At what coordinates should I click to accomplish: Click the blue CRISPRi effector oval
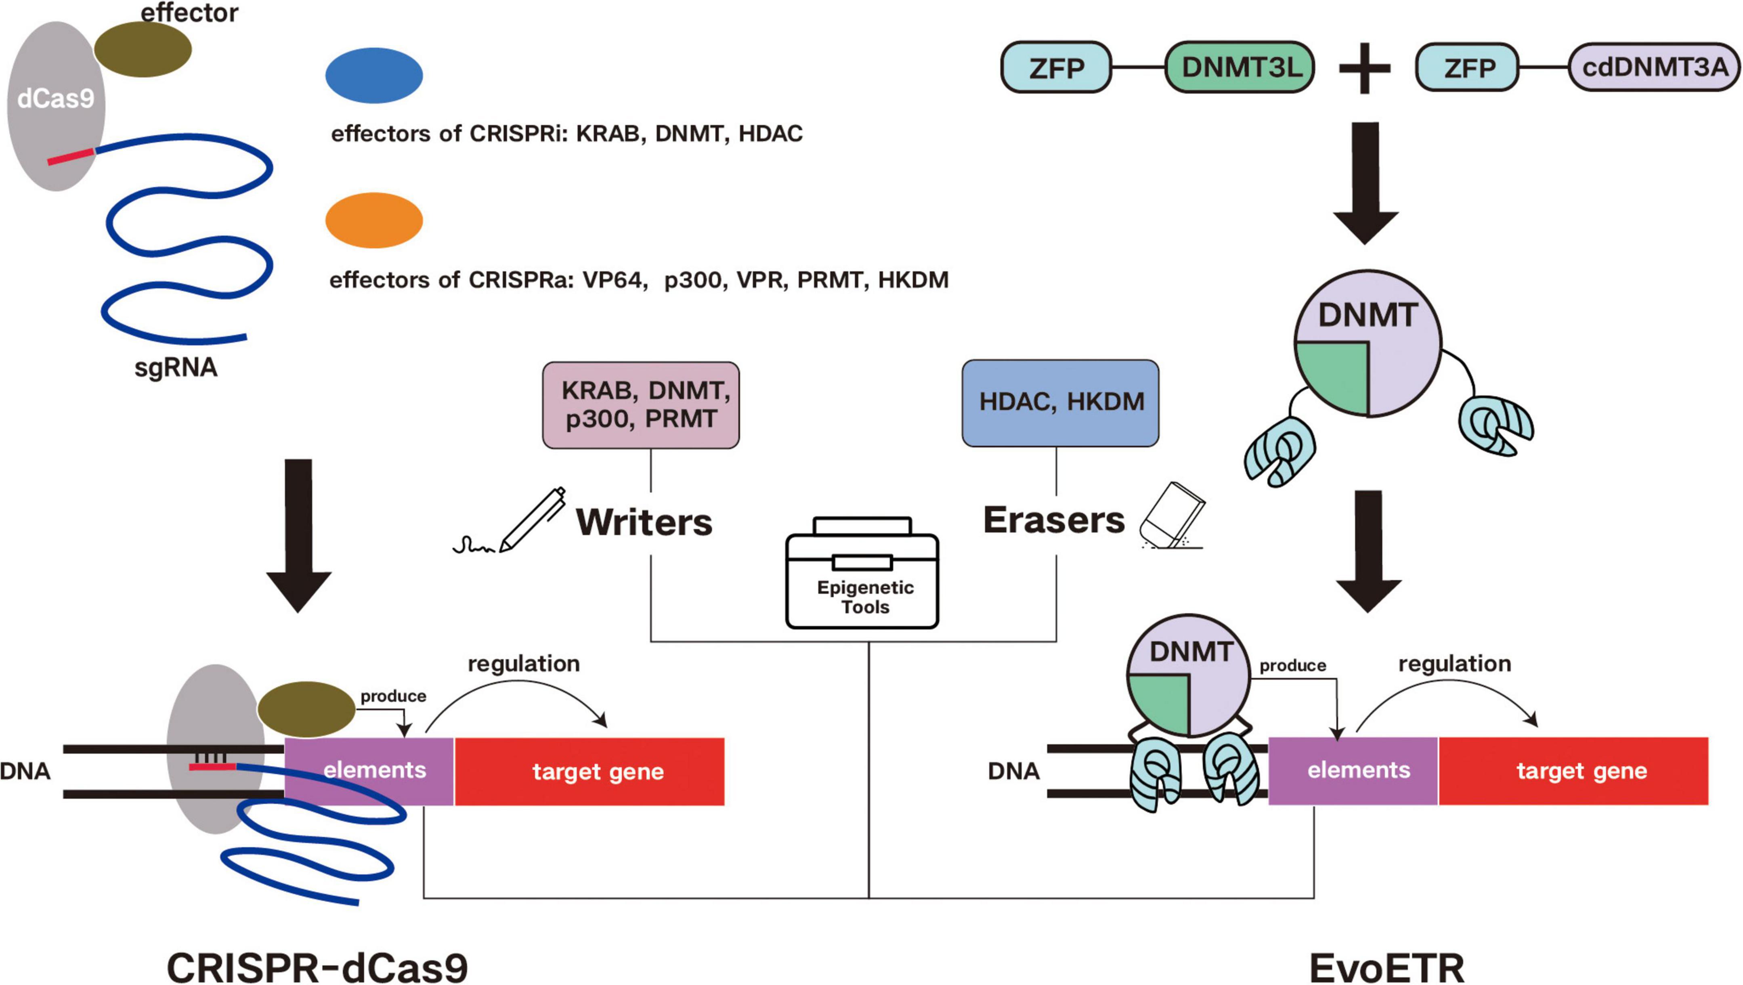click(374, 75)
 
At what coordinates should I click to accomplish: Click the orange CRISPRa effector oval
click(374, 220)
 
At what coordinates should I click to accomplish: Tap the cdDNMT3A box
click(1654, 67)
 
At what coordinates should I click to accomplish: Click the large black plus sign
click(1365, 68)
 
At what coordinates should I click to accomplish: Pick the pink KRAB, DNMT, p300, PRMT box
click(641, 404)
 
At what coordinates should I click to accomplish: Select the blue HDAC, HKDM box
click(1060, 402)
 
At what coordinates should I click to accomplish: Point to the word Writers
click(644, 522)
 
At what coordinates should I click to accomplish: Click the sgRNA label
click(176, 367)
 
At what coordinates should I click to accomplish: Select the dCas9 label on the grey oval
click(55, 99)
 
